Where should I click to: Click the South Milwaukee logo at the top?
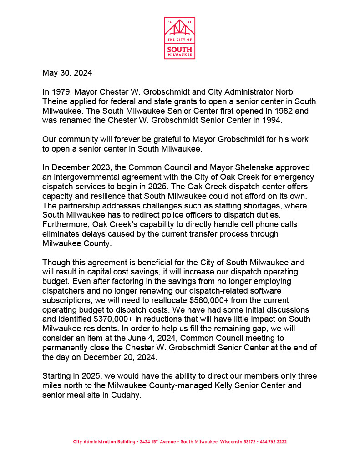coord(179,38)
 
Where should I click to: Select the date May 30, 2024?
coord(67,73)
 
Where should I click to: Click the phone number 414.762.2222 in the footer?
coord(272,442)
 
